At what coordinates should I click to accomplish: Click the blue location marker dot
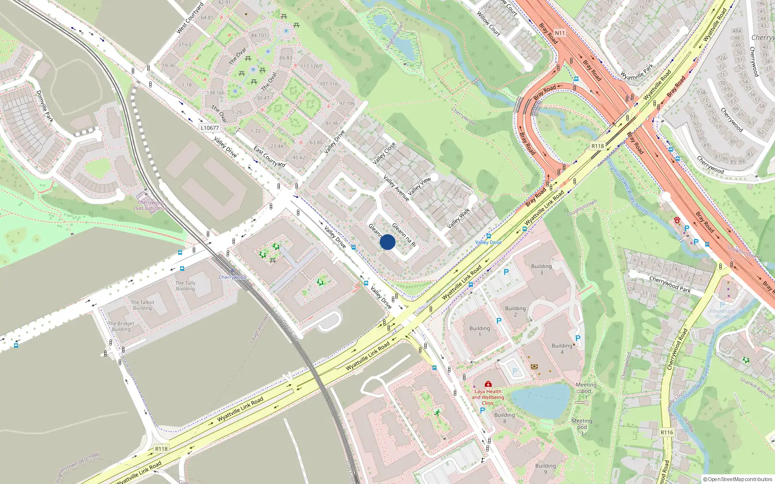pos(387,242)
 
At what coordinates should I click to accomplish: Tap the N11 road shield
pos(559,33)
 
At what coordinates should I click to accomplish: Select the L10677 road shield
pos(210,128)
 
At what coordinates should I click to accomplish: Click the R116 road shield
pos(666,432)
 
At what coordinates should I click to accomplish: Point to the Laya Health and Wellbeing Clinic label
pos(488,397)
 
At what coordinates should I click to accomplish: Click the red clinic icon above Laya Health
pos(488,384)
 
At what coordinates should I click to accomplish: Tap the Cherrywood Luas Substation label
pos(151,205)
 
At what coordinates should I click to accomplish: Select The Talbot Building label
pos(142,305)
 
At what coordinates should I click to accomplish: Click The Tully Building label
pos(186,286)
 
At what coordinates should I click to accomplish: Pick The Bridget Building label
pos(121,326)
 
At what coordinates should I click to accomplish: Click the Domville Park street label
pos(45,106)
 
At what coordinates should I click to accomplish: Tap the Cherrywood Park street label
pos(670,284)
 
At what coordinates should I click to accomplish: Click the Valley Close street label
pos(384,153)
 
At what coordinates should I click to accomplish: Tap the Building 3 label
pos(542,269)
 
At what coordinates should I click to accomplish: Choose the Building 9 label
pos(545,469)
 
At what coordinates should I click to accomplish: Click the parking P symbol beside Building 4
pos(577,338)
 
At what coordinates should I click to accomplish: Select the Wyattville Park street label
pos(637,72)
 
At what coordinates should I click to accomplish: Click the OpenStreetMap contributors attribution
pos(738,479)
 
